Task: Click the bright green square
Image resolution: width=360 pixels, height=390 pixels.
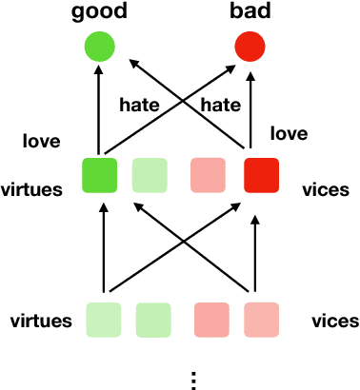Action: click(x=100, y=175)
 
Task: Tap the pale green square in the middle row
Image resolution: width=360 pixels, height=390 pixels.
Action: click(x=150, y=175)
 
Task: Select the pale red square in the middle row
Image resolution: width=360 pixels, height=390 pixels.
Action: click(x=210, y=175)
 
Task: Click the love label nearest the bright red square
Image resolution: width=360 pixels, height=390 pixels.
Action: click(x=289, y=134)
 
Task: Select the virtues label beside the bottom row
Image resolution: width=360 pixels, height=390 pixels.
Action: click(x=40, y=321)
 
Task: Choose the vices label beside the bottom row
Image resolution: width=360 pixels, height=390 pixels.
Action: click(x=335, y=321)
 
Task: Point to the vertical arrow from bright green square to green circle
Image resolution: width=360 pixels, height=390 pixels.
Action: click(x=98, y=114)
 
